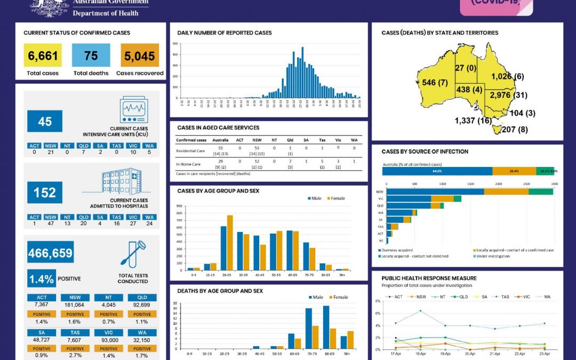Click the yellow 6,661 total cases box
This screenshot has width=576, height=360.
click(x=43, y=55)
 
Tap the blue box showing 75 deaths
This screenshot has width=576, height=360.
click(x=91, y=55)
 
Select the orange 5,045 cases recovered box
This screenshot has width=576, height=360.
click(x=140, y=55)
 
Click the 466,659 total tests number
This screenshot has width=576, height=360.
click(x=51, y=252)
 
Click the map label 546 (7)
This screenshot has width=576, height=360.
click(x=435, y=83)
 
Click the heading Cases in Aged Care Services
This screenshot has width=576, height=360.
click(x=218, y=127)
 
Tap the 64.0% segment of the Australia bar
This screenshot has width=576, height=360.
click(x=437, y=171)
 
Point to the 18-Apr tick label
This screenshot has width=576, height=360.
click(x=421, y=354)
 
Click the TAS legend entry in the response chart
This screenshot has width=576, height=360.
click(x=504, y=296)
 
